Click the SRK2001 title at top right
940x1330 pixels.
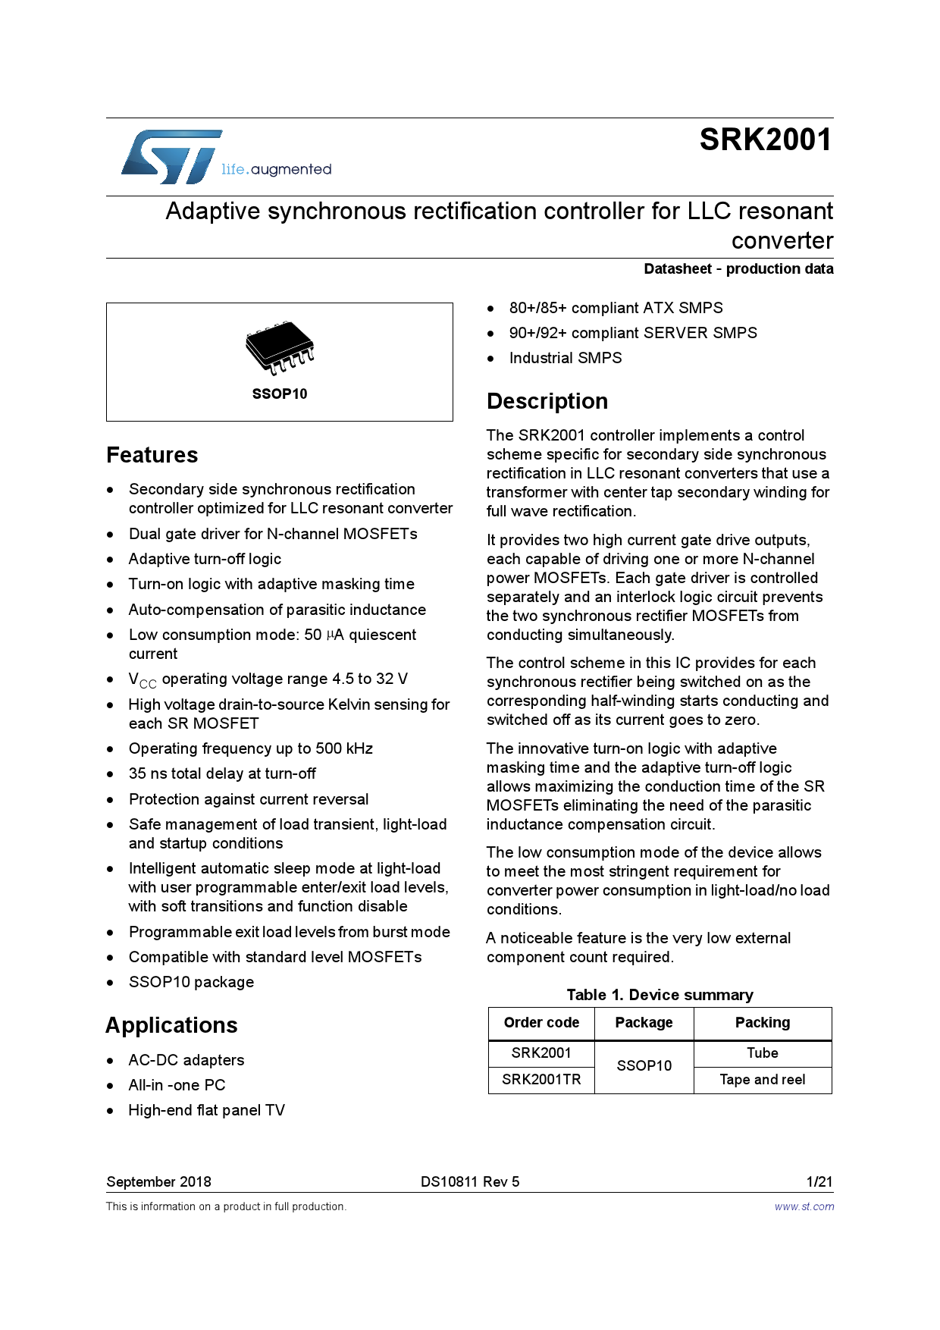(765, 140)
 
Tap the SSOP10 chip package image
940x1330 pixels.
(280, 347)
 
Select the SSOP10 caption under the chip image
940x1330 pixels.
(280, 394)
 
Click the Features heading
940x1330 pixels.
(152, 455)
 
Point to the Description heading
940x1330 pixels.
(547, 401)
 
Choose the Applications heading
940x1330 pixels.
(172, 1025)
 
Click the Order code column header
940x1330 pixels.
(541, 1023)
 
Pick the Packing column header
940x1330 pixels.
(763, 1023)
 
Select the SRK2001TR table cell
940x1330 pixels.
(541, 1080)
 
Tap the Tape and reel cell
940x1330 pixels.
(763, 1080)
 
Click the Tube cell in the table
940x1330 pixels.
(763, 1053)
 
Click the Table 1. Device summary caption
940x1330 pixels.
(660, 995)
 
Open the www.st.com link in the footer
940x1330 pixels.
(804, 1206)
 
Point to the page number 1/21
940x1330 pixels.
(819, 1181)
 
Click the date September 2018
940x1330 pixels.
(159, 1181)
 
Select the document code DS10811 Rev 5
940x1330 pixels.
(470, 1181)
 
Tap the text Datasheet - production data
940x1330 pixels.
(738, 269)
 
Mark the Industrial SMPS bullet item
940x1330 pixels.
(566, 359)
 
